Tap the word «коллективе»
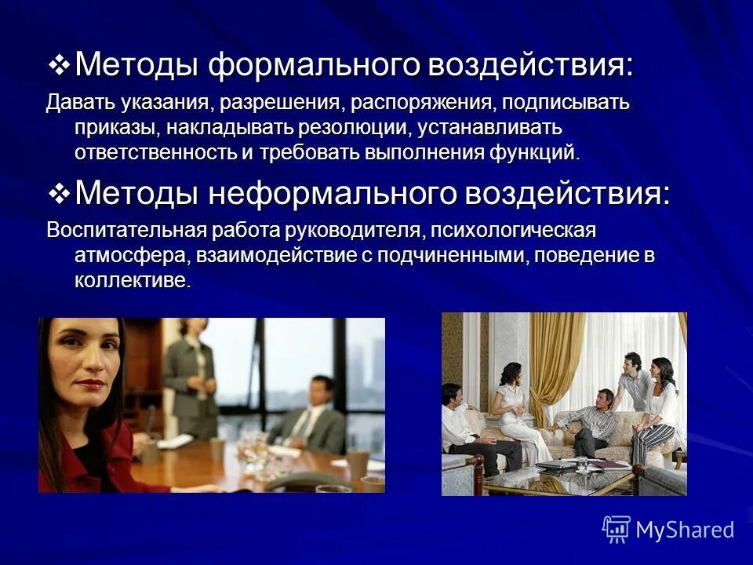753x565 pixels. click(x=131, y=281)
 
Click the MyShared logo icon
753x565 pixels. click(x=616, y=529)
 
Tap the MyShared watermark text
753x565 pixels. click(x=685, y=530)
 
